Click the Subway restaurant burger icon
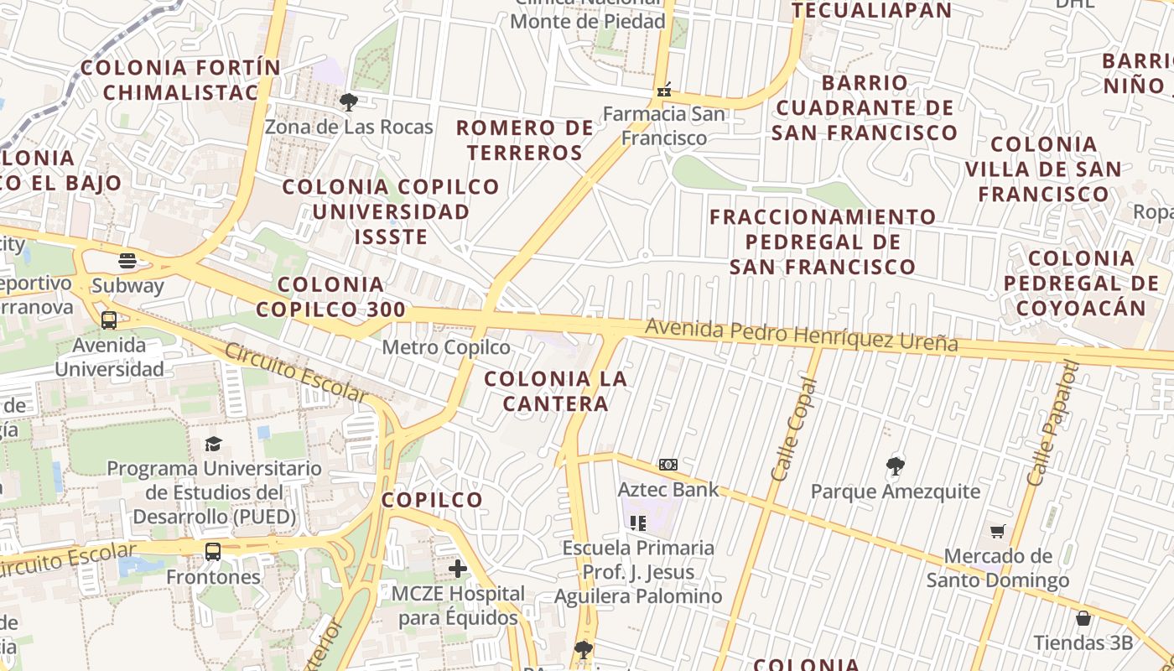pos(127,261)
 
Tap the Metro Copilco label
pos(446,347)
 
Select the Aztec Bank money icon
pos(668,465)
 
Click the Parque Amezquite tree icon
pos(896,466)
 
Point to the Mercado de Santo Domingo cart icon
pos(997,531)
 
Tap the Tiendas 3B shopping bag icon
pos(1083,619)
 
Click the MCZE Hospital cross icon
pos(458,569)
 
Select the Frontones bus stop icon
pos(213,552)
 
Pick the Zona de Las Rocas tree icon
pos(349,102)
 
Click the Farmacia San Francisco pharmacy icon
pos(665,89)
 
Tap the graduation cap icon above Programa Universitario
pos(214,444)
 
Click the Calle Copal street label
pos(793,429)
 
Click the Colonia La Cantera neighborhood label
pos(555,391)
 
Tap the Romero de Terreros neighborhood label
pos(525,140)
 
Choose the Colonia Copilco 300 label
pos(330,297)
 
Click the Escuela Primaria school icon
pos(638,523)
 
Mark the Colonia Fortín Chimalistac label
pos(181,80)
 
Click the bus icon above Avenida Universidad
pos(109,320)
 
